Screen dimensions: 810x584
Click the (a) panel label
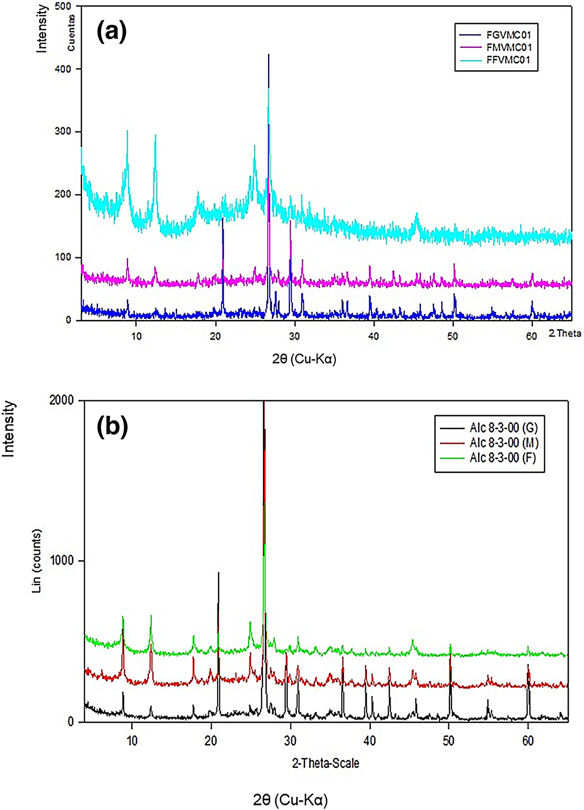click(112, 32)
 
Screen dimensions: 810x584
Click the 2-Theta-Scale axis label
click(325, 763)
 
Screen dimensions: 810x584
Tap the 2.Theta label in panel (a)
click(564, 333)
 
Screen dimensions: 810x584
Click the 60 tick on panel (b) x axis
click(528, 740)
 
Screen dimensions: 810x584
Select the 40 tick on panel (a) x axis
click(374, 336)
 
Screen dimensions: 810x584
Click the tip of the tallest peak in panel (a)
click(268, 54)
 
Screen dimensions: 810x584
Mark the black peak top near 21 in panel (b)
click(219, 573)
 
